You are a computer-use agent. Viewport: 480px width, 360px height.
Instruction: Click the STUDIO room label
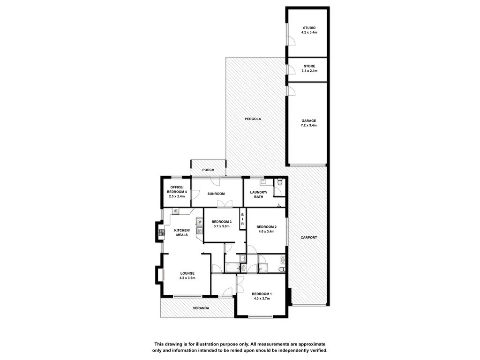pos(309,28)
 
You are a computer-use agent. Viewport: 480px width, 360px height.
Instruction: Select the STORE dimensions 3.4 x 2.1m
pos(309,71)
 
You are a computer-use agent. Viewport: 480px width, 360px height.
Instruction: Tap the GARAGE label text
pos(308,120)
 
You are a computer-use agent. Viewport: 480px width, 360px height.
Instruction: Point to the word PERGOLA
pos(253,119)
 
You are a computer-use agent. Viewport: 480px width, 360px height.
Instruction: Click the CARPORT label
pos(308,238)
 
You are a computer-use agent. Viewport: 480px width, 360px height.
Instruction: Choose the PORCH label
pos(208,170)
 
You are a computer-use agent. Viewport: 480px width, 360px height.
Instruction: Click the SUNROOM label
pos(216,194)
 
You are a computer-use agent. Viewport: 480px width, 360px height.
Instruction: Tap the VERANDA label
pos(201,308)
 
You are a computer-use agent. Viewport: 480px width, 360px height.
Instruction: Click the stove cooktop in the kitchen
pos(161,232)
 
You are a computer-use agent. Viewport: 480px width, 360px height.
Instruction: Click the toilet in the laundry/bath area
pos(279,183)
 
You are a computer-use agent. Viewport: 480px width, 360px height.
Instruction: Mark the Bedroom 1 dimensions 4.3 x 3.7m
pos(262,299)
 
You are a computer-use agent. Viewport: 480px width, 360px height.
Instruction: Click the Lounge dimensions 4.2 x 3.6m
pos(187,278)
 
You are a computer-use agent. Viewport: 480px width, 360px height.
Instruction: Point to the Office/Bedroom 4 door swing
pos(195,195)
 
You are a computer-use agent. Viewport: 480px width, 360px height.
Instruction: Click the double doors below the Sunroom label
pos(225,204)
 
